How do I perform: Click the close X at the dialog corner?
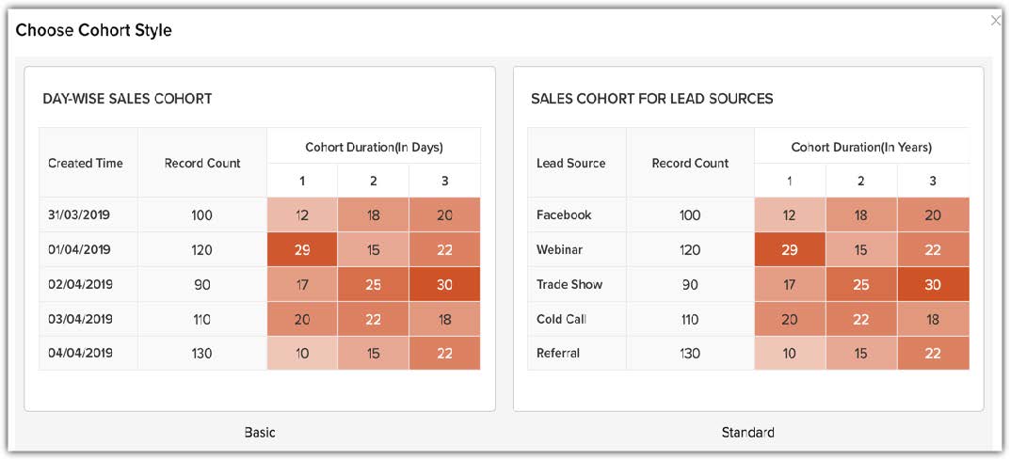coord(996,21)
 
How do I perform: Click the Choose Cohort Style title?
coord(94,30)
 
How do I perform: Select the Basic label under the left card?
coord(260,433)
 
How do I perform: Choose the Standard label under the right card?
coord(748,433)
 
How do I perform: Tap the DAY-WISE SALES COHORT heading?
coord(127,98)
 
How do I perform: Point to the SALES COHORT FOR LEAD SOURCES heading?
coord(651,98)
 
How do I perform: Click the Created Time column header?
coord(86,163)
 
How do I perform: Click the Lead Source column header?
coord(570,163)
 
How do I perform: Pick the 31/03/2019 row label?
coord(79,214)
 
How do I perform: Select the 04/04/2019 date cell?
coord(79,354)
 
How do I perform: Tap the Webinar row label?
coord(559,249)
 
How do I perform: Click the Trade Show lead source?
coord(569,284)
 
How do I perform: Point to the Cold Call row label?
coord(561,319)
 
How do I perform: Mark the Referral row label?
coord(558,354)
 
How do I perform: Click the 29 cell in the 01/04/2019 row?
coord(302,249)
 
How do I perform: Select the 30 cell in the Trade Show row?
coord(933,284)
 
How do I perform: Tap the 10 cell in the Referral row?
coord(790,354)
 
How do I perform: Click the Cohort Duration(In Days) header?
coord(374,147)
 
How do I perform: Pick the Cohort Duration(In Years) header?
coord(861,147)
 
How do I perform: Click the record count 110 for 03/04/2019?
coord(201,319)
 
